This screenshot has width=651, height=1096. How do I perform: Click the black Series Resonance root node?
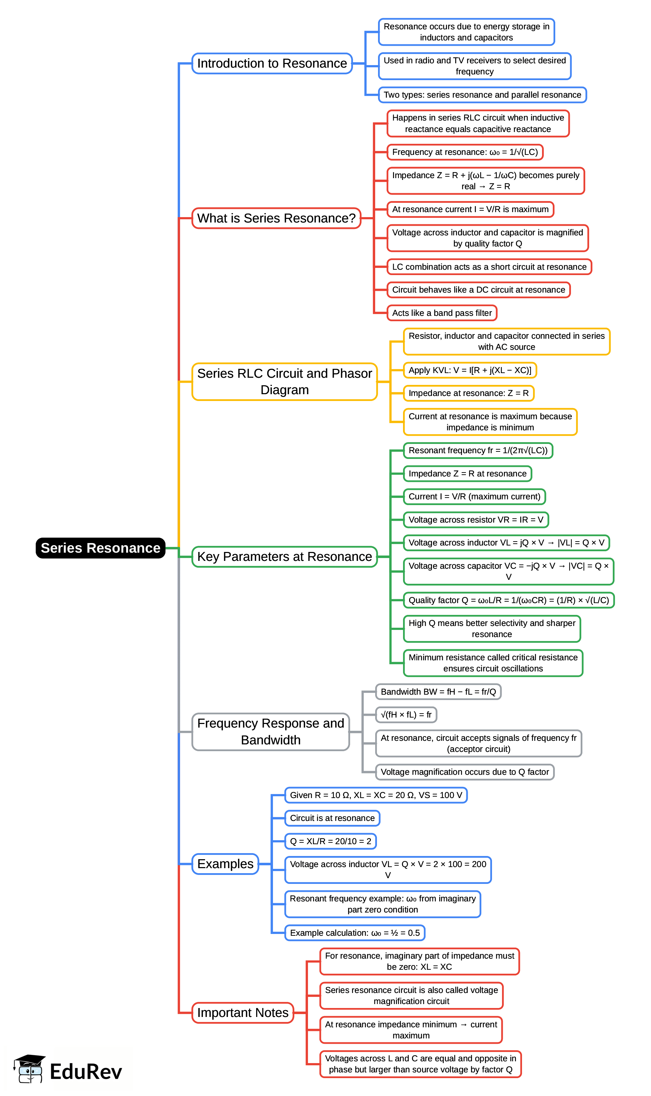(100, 548)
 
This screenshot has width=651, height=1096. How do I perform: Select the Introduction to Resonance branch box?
(272, 63)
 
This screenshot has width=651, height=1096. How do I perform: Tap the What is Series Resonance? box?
(276, 218)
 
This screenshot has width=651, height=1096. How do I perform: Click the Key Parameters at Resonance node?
(284, 557)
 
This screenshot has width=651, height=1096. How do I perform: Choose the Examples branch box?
(225, 864)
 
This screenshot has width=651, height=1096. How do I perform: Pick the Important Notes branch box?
(243, 1013)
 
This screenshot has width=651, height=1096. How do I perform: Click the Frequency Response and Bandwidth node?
(271, 732)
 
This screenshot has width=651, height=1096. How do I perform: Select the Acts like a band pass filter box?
(442, 313)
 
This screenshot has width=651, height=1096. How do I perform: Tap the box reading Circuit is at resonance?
(332, 818)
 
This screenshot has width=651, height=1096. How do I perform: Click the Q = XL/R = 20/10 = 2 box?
(331, 841)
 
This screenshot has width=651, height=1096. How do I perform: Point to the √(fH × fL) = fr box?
(406, 714)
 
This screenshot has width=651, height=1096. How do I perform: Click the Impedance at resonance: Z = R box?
(468, 393)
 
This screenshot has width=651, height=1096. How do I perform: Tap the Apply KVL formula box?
(469, 370)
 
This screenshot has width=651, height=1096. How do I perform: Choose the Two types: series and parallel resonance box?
(482, 95)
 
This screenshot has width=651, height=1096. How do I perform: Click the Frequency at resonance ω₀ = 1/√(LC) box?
(464, 152)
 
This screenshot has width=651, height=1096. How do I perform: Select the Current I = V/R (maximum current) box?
(474, 496)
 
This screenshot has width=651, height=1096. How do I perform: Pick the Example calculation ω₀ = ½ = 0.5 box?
(354, 933)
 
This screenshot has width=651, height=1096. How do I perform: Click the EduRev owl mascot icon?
(29, 1068)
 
